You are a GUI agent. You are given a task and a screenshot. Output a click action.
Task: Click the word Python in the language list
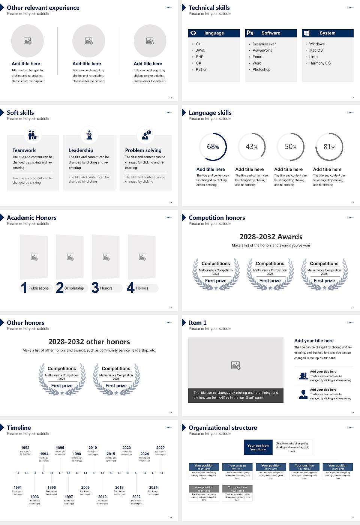coord(201,69)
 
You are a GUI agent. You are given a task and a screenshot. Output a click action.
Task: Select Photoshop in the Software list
coord(261,69)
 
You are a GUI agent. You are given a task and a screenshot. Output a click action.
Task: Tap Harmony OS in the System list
coord(320,63)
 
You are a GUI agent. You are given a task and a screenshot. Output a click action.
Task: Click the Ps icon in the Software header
coord(250,33)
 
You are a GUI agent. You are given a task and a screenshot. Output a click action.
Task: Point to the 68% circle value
coord(213,147)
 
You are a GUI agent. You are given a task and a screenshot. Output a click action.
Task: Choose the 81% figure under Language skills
coord(329,147)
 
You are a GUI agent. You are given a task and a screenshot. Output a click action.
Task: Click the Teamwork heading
coord(24,150)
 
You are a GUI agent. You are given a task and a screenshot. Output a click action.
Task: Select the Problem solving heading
coord(143,150)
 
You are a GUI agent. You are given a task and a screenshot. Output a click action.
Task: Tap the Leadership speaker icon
coord(89,135)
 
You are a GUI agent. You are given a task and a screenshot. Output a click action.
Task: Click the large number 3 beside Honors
coord(95,288)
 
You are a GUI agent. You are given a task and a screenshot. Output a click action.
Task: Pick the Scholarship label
coord(74,288)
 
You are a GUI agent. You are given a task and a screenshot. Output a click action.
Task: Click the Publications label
coord(39,288)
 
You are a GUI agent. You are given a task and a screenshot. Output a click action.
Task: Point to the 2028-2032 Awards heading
coord(271,237)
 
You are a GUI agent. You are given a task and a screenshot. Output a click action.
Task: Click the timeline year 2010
coord(93,447)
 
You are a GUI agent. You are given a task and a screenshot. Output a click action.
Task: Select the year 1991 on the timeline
coord(18,487)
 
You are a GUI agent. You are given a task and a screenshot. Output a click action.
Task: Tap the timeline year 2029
coord(160,447)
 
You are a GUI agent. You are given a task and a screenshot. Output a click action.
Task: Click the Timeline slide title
coord(19,427)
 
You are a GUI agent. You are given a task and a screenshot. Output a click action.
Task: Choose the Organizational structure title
coord(223,427)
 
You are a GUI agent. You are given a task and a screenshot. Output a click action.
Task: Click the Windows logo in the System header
coord(307,33)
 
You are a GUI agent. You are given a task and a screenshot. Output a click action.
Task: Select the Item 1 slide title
coord(198,322)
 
